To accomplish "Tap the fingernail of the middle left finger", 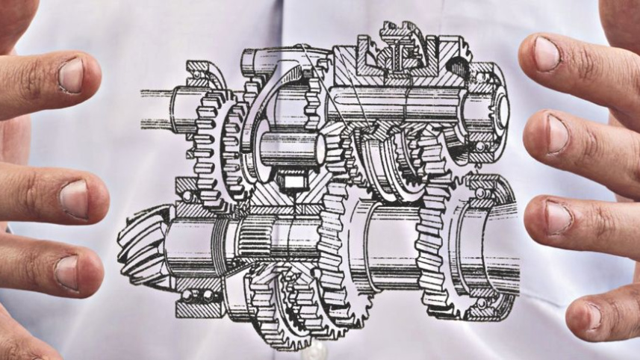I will click(x=75, y=199).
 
